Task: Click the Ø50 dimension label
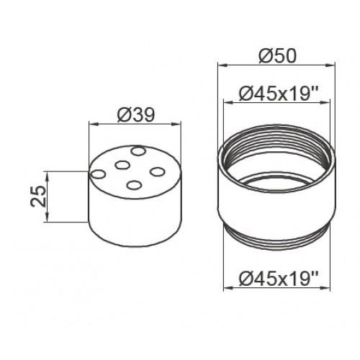(278, 56)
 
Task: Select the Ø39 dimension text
(135, 115)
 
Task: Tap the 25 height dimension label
(38, 197)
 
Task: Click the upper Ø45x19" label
(279, 94)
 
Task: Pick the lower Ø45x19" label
(279, 279)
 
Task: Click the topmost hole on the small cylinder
(138, 151)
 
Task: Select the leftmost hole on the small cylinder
(99, 174)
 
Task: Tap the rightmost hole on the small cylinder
(158, 172)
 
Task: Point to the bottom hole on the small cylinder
(134, 185)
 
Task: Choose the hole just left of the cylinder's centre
(122, 165)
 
